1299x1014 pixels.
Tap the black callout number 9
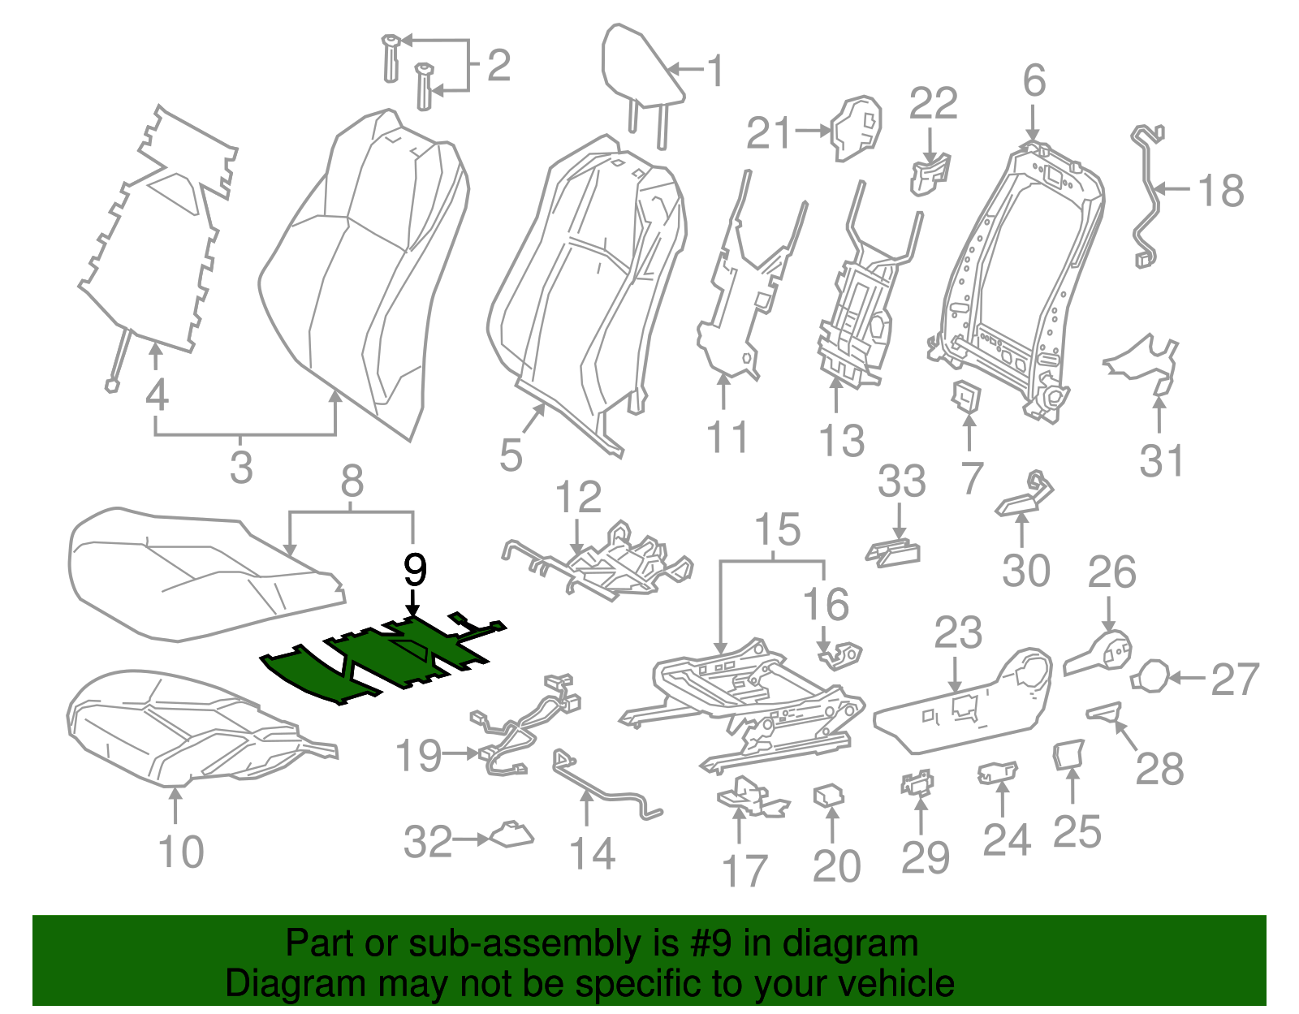415,571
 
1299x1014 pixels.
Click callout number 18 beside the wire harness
1220,192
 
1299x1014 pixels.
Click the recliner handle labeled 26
1100,654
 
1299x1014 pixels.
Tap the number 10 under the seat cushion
181,852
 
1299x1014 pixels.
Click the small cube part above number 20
829,795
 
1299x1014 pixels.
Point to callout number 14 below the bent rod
592,854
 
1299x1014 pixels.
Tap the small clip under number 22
930,174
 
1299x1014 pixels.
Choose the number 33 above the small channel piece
901,481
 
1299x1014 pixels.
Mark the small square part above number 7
966,395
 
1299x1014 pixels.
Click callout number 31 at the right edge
1162,460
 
